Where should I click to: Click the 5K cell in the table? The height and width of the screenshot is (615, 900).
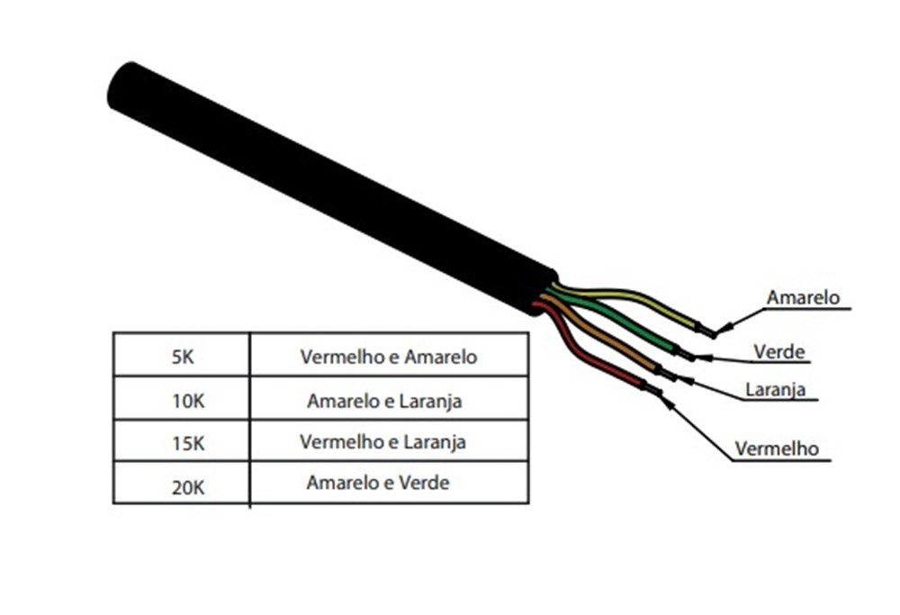pyautogui.click(x=182, y=355)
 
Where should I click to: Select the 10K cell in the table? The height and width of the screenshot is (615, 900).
pyautogui.click(x=182, y=399)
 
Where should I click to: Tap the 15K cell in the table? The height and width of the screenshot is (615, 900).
pyautogui.click(x=182, y=440)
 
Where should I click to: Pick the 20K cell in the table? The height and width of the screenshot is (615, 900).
pyautogui.click(x=182, y=483)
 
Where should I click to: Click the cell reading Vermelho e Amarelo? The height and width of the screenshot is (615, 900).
pyautogui.click(x=389, y=355)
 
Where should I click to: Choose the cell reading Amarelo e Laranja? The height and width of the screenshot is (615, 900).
pyautogui.click(x=389, y=399)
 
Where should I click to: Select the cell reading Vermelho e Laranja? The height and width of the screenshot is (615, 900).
pyautogui.click(x=389, y=440)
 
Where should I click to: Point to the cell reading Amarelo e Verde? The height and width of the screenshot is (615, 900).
pyautogui.click(x=389, y=483)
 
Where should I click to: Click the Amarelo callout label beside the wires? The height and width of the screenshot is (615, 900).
pyautogui.click(x=803, y=297)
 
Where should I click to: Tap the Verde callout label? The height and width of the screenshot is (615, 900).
pyautogui.click(x=778, y=351)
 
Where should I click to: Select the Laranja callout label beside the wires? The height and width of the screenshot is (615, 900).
pyautogui.click(x=775, y=390)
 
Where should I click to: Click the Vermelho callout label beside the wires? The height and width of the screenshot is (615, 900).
pyautogui.click(x=777, y=448)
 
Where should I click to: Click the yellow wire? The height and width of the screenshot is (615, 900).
pyautogui.click(x=632, y=297)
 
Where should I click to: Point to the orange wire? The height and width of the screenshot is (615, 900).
pyautogui.click(x=603, y=336)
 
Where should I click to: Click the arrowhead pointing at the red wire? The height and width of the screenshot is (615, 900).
pyautogui.click(x=666, y=400)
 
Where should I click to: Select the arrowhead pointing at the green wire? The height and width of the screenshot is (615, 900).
pyautogui.click(x=704, y=357)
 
